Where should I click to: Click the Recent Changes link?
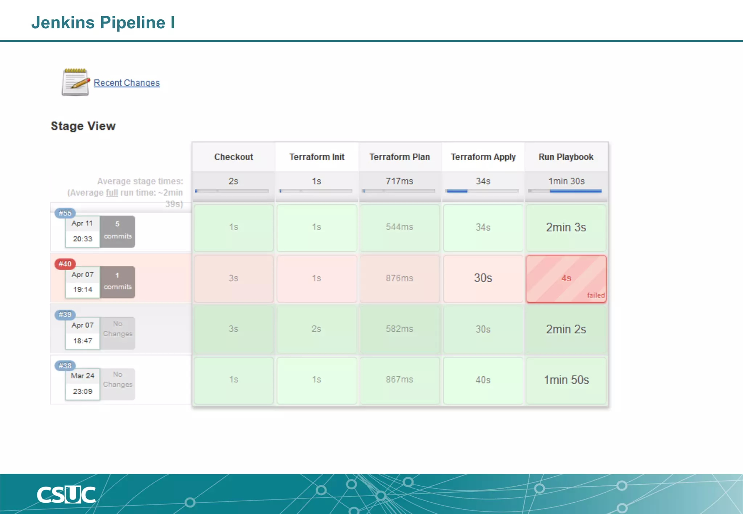(x=127, y=83)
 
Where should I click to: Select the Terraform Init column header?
(x=317, y=157)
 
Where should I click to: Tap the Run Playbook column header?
(x=566, y=157)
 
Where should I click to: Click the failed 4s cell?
(x=566, y=278)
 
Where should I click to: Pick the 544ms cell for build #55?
(x=399, y=227)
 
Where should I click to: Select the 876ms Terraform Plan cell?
(x=399, y=278)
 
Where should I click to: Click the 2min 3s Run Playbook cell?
(x=566, y=227)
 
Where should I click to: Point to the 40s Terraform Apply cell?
(x=483, y=380)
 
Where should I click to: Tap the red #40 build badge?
(x=65, y=264)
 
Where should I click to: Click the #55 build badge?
(x=65, y=213)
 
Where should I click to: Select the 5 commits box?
(x=118, y=231)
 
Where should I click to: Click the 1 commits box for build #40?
(x=118, y=282)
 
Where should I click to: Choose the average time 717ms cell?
(x=399, y=181)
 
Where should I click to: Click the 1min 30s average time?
(x=566, y=181)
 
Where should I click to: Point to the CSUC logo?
(x=66, y=495)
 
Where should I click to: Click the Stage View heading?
(x=83, y=126)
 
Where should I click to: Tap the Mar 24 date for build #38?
(x=83, y=376)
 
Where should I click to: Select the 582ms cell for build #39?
(x=399, y=329)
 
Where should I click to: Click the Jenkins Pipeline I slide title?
(x=103, y=22)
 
